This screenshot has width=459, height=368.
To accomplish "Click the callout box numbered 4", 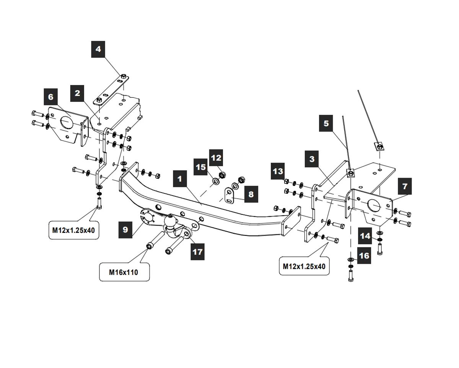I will [x=98, y=49].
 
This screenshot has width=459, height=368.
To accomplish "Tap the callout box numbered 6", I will [x=51, y=97].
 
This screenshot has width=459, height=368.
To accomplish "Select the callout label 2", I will [x=78, y=93].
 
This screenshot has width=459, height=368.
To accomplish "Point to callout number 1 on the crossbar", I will [x=180, y=179].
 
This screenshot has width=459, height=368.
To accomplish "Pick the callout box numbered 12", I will [x=216, y=158].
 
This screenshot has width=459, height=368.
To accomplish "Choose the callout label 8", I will [x=251, y=195].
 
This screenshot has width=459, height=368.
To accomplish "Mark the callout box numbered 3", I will [x=312, y=159].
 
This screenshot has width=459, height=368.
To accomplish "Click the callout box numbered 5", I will [x=326, y=123].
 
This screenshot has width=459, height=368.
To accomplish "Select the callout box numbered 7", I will [x=405, y=186].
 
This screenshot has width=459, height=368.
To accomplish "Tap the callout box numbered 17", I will [x=197, y=252].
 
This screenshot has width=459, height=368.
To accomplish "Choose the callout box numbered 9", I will [x=126, y=230].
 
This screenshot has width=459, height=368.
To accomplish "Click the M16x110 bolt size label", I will [x=124, y=272].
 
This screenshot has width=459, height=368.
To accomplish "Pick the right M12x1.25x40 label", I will [x=304, y=266].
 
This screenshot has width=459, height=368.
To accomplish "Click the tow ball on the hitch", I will [x=170, y=221].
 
